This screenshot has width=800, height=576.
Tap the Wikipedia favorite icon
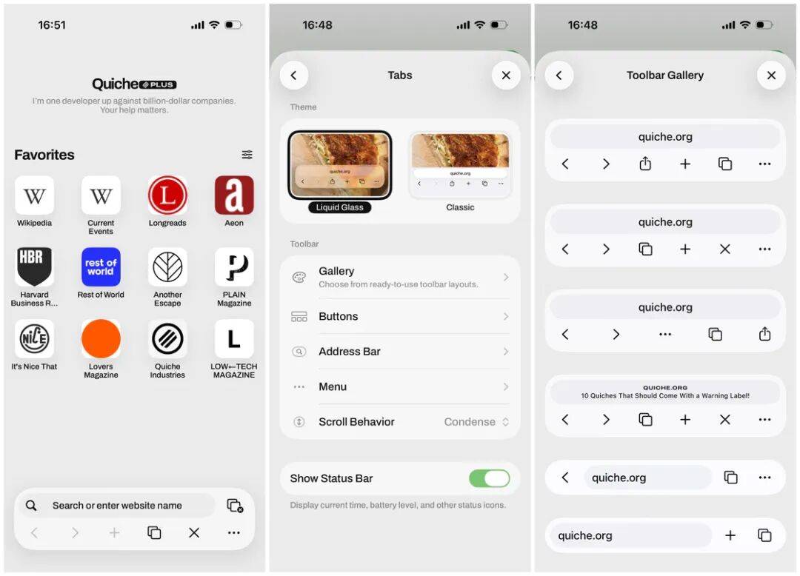[x=35, y=195]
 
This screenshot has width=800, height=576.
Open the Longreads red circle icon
[x=167, y=195]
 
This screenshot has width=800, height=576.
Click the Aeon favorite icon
[x=234, y=195]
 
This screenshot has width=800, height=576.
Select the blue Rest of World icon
[x=101, y=267]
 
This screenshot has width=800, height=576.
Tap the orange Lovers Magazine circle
[x=101, y=339]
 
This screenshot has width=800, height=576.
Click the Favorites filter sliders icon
[x=247, y=155]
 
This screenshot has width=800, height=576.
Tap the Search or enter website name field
[x=116, y=506]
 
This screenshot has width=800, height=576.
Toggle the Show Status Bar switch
[x=489, y=478]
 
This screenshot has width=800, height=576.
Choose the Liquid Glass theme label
[x=339, y=207]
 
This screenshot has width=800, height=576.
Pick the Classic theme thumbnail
[x=460, y=165]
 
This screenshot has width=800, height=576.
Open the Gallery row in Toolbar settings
[x=400, y=277]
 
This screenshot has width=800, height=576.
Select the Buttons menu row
[x=400, y=316]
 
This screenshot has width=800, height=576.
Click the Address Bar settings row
[x=400, y=352]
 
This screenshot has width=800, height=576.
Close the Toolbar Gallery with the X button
[x=771, y=76]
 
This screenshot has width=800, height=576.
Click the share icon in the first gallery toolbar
[x=645, y=164]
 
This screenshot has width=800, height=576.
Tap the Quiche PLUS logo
[x=134, y=84]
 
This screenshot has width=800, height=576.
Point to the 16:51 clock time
[x=52, y=25]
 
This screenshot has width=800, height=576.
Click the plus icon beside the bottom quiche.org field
[x=730, y=535]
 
